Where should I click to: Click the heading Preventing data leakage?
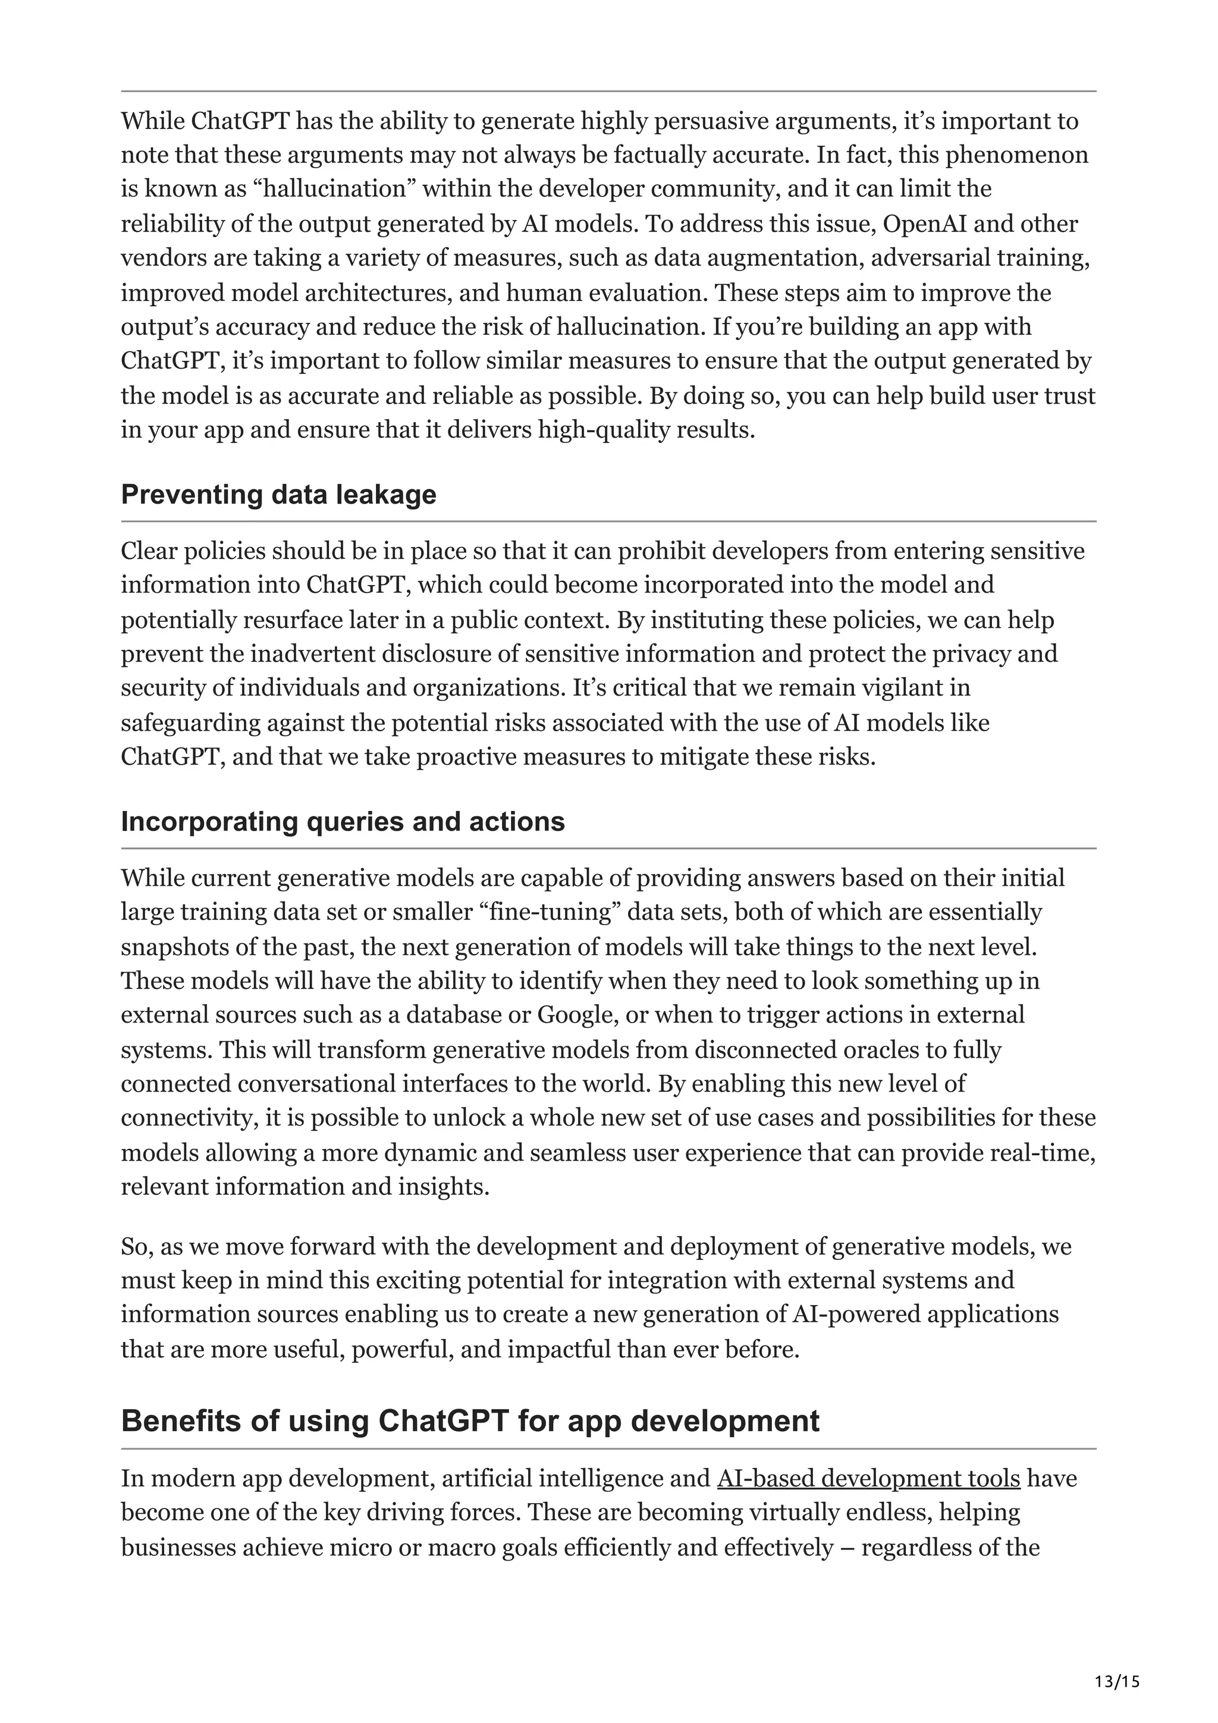tap(278, 495)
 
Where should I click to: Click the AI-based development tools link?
tap(868, 1479)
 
